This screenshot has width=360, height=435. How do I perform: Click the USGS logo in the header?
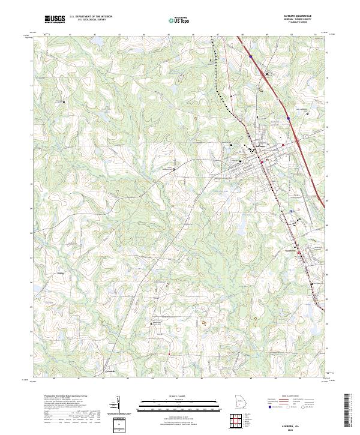[55, 19]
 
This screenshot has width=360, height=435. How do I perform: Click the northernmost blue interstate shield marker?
[250, 57]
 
